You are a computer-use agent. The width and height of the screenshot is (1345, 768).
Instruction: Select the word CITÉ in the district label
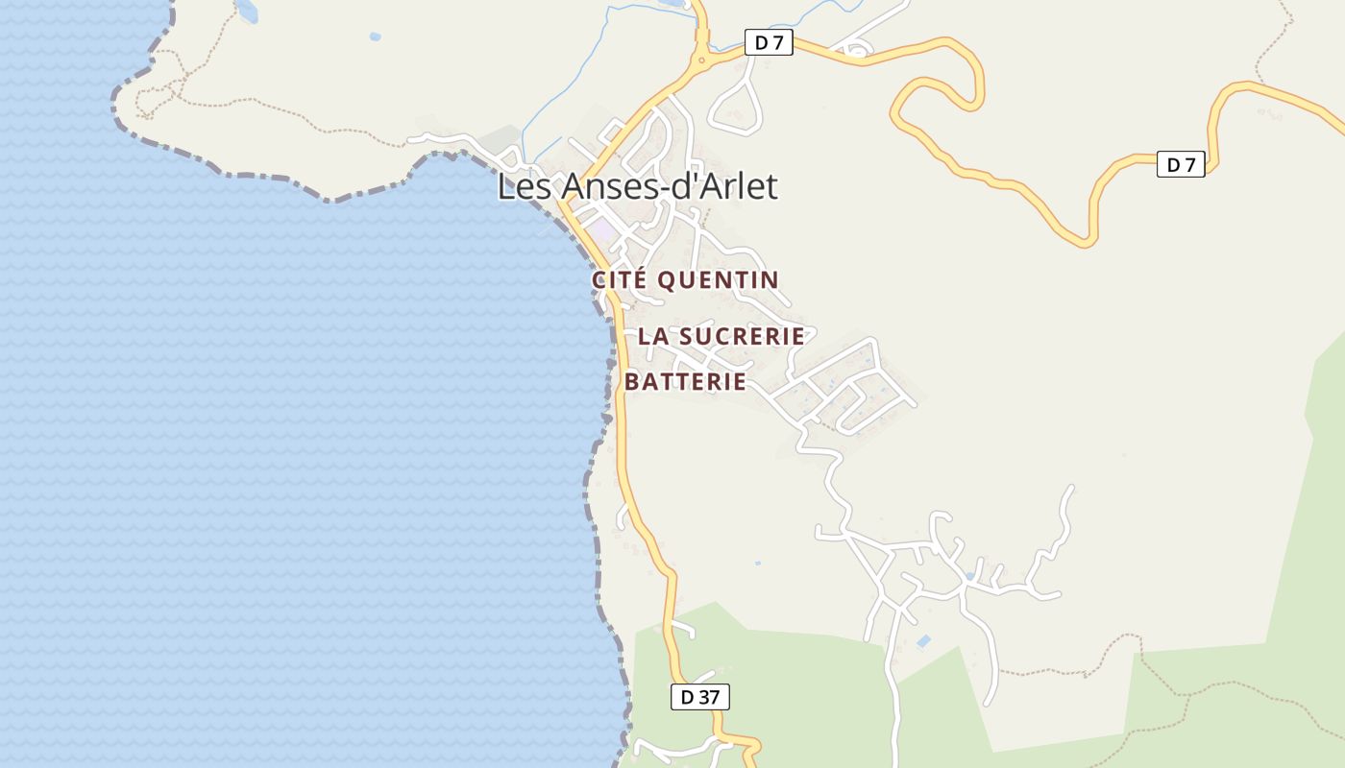[x=619, y=280]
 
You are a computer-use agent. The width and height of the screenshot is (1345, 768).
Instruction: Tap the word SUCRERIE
[x=742, y=337]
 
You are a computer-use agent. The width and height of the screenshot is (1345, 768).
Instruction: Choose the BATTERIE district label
[x=685, y=382]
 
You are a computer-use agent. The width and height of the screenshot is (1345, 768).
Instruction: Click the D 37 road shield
[x=699, y=697]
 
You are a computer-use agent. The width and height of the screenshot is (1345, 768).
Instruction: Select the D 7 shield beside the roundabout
[x=769, y=42]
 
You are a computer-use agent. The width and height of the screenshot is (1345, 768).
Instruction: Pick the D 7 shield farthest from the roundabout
[x=1180, y=164]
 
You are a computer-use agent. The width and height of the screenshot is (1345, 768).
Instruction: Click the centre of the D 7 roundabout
[x=702, y=60]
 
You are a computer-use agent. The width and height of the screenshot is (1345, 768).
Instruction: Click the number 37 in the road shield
[x=708, y=697]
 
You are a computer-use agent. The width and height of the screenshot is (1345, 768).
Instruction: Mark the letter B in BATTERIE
[x=632, y=382]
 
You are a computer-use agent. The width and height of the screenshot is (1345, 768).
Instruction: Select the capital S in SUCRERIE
[x=686, y=337]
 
